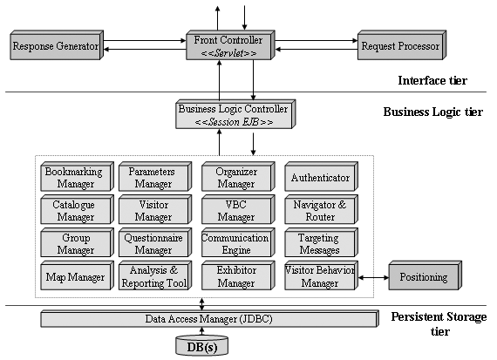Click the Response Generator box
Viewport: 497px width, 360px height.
point(57,45)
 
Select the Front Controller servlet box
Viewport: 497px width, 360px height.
point(230,45)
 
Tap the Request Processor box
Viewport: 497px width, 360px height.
point(402,45)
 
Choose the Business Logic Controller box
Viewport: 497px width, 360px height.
point(235,114)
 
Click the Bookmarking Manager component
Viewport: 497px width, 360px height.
point(77,177)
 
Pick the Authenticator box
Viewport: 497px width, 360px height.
point(321,177)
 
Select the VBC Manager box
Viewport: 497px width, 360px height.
point(238,210)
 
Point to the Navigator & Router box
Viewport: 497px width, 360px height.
point(321,210)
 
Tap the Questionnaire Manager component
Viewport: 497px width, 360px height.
point(155,242)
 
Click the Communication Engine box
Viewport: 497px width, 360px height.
point(238,242)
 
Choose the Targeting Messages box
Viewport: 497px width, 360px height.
point(321,242)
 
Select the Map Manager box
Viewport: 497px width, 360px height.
point(77,275)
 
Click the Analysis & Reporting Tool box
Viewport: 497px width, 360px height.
point(155,275)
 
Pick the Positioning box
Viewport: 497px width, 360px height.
point(425,275)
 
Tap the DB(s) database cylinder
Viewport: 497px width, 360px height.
point(202,345)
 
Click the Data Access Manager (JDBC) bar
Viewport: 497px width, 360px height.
point(209,319)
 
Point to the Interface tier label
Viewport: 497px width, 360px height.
point(432,80)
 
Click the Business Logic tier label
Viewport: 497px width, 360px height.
point(433,112)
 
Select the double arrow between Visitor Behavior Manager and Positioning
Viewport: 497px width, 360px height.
point(373,278)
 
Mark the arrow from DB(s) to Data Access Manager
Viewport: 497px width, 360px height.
point(202,331)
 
